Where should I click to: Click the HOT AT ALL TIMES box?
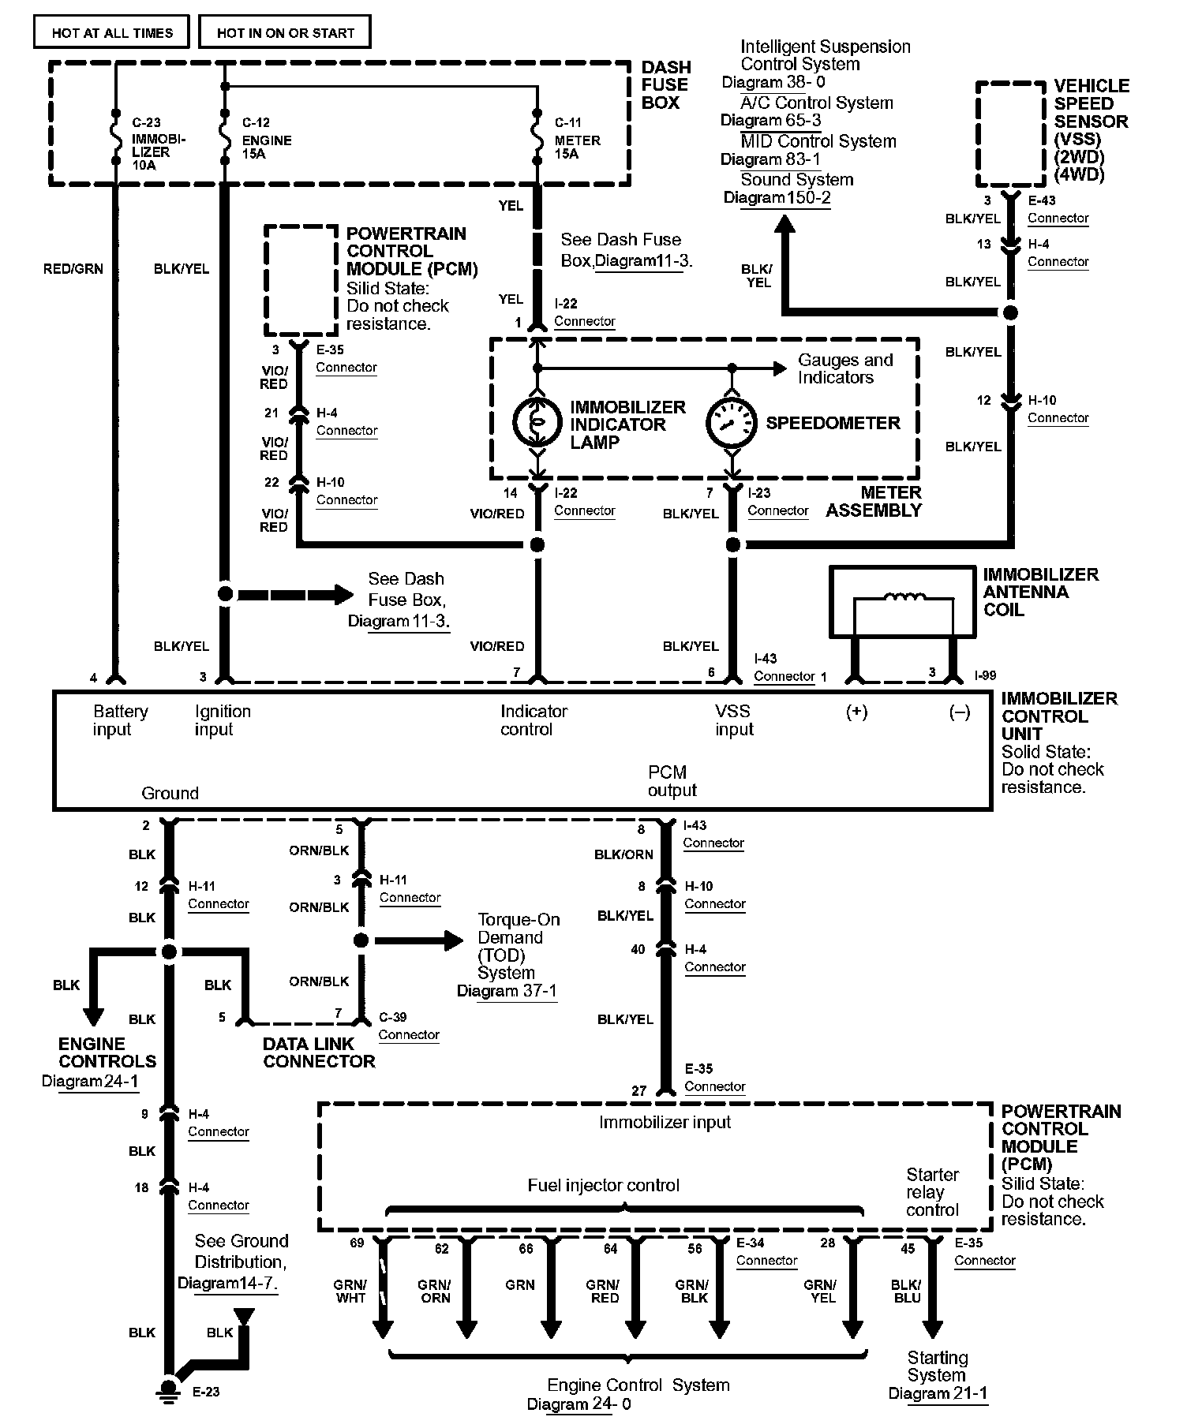pos(112,32)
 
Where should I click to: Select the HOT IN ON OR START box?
pos(285,32)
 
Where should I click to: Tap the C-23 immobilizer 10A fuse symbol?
pos(116,141)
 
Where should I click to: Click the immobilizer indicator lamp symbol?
pos(537,422)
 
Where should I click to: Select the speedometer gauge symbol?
pos(732,422)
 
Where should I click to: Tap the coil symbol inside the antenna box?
pos(905,597)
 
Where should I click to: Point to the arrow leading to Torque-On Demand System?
pos(418,940)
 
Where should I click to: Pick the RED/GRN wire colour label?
pos(73,269)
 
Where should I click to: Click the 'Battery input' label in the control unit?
pos(120,720)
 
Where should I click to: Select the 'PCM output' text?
pos(672,781)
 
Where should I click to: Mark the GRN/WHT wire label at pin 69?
pos(350,1291)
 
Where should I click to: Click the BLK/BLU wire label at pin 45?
pos(907,1291)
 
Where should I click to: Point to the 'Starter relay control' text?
pos(932,1192)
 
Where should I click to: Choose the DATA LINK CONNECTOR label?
pos(319,1052)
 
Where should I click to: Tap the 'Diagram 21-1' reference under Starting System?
pos(938,1393)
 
